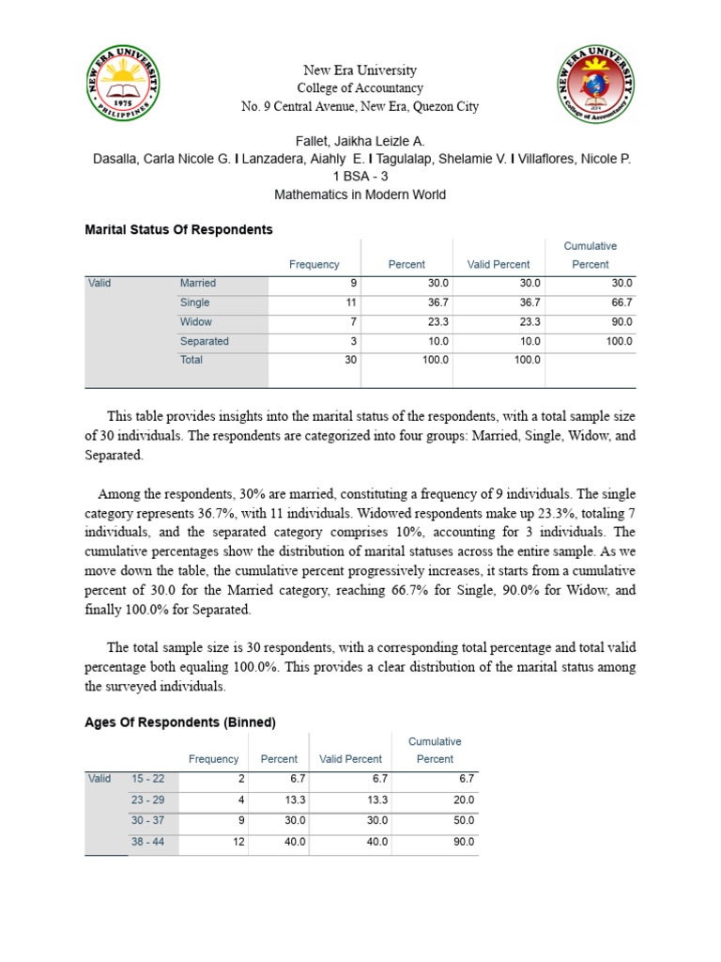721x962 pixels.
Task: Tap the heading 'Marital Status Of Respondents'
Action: click(x=178, y=229)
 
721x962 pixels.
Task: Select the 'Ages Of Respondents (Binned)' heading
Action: click(x=180, y=722)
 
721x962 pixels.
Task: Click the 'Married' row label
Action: click(x=198, y=283)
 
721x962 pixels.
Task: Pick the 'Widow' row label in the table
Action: click(x=196, y=322)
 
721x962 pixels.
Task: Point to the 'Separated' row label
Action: click(x=205, y=342)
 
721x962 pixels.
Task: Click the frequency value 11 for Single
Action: click(x=351, y=303)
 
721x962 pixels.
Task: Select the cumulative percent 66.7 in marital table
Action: click(x=621, y=303)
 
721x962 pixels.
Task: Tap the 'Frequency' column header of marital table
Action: click(x=314, y=265)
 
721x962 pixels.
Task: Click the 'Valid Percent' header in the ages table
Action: click(x=350, y=759)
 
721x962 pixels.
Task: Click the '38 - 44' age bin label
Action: click(x=147, y=842)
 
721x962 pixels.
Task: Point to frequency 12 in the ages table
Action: click(x=238, y=842)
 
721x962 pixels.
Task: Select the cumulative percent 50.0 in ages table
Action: click(x=463, y=821)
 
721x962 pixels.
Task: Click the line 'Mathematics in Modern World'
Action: click(x=360, y=195)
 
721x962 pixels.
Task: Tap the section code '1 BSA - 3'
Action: click(x=360, y=178)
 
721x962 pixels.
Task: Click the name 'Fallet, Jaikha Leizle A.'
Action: click(x=360, y=142)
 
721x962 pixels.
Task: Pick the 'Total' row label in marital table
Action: click(x=192, y=360)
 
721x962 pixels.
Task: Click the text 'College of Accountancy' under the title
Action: click(x=360, y=88)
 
